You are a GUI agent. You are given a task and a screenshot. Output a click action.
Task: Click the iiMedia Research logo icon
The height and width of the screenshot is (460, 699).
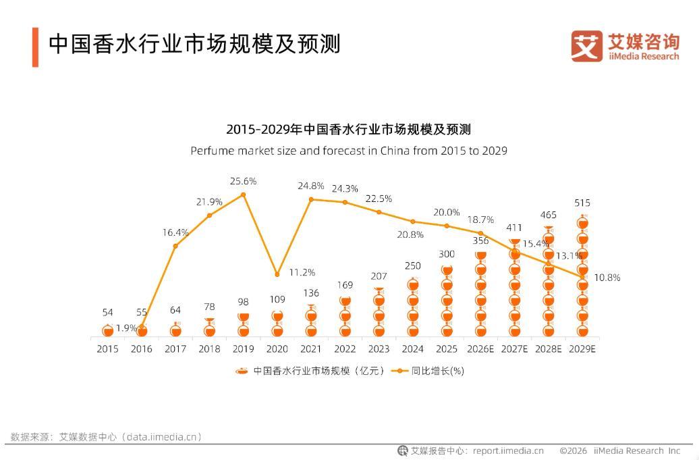586,46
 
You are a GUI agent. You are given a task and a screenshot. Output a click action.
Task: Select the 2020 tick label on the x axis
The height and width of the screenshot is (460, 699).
277,349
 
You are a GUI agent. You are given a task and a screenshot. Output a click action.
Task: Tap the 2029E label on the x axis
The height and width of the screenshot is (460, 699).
582,349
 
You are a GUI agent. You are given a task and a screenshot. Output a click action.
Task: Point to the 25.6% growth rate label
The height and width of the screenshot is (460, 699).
243,181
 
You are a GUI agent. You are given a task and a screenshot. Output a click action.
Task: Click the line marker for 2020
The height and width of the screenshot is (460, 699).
277,274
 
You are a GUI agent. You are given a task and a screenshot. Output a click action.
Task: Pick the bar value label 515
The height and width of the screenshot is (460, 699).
582,203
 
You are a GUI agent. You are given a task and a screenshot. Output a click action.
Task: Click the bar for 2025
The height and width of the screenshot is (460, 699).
447,300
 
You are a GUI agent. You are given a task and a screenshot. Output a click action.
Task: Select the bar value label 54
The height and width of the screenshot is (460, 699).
107,312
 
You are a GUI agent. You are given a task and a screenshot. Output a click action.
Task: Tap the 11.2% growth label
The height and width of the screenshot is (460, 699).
302,272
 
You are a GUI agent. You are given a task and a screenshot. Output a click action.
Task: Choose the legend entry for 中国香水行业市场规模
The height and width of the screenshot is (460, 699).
310,371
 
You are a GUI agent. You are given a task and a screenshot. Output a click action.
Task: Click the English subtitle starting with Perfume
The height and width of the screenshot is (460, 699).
348,151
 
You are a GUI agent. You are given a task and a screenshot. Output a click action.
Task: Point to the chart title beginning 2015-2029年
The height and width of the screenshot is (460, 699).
348,129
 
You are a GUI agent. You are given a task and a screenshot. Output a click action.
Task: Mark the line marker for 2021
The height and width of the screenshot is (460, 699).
311,199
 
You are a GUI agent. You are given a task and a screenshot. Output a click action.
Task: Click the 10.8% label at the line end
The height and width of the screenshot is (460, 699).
607,278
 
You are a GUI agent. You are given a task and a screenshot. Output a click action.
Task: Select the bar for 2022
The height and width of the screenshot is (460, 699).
345,316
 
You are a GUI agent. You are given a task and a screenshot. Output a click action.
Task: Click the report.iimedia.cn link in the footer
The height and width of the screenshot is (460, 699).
508,451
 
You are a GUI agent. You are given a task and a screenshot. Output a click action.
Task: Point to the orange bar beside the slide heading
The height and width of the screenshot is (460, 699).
35,47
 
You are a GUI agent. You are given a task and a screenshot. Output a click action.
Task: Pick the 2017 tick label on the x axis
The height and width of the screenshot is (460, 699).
175,349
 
